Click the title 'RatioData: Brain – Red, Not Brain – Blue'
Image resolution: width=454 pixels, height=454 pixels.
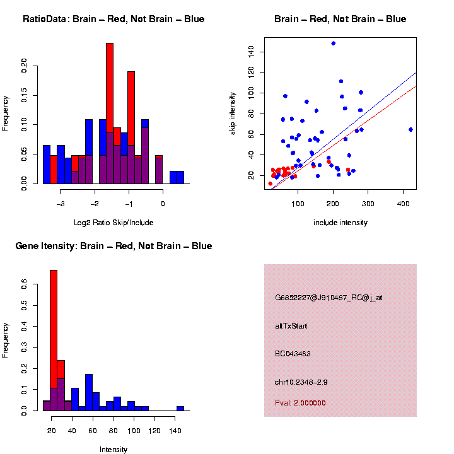113,19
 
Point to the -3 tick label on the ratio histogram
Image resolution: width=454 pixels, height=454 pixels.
61,204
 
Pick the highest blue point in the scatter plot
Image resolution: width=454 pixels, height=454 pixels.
333,43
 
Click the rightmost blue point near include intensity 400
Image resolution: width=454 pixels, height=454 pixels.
410,129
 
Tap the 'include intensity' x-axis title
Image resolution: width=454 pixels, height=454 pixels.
340,223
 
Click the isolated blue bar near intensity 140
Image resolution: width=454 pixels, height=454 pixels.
180,409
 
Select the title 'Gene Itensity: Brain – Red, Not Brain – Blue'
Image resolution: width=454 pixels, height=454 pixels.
113,246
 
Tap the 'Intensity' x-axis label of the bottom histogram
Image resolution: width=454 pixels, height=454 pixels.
113,450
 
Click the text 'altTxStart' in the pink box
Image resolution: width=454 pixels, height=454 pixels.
291,326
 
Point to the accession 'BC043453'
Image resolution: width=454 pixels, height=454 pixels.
293,354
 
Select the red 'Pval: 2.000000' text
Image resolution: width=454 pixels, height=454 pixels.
300,403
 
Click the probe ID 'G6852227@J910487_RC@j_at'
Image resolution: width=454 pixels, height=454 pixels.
329,298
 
